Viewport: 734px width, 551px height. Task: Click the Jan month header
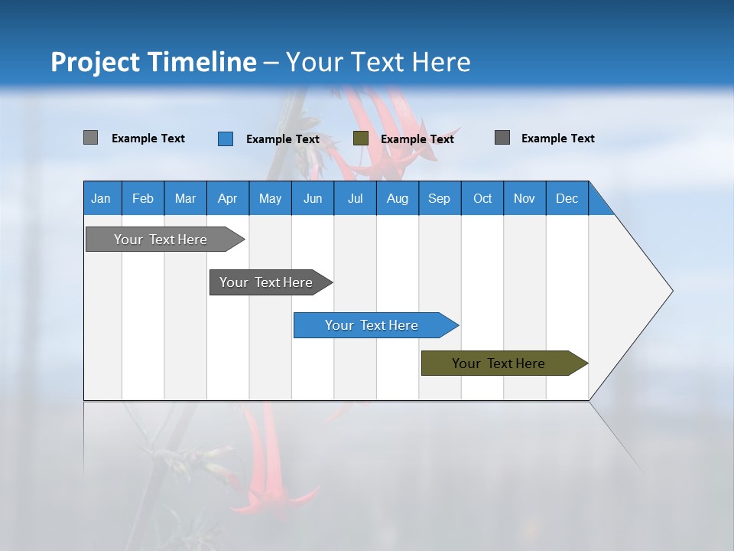click(102, 198)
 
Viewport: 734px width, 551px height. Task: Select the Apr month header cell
click(228, 198)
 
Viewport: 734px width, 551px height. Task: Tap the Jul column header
click(356, 198)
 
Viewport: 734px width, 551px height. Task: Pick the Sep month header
click(440, 198)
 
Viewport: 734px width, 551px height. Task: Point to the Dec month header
click(567, 198)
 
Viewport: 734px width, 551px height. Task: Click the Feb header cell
click(143, 198)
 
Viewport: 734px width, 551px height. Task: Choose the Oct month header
click(482, 198)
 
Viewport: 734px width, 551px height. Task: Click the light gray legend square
click(91, 138)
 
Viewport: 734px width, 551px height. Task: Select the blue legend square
click(226, 139)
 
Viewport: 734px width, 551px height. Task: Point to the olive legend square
click(361, 139)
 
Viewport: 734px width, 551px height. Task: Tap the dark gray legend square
click(502, 138)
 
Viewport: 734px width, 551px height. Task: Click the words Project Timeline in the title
click(154, 62)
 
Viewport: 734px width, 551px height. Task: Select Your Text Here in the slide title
click(378, 62)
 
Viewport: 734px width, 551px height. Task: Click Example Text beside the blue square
click(282, 139)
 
